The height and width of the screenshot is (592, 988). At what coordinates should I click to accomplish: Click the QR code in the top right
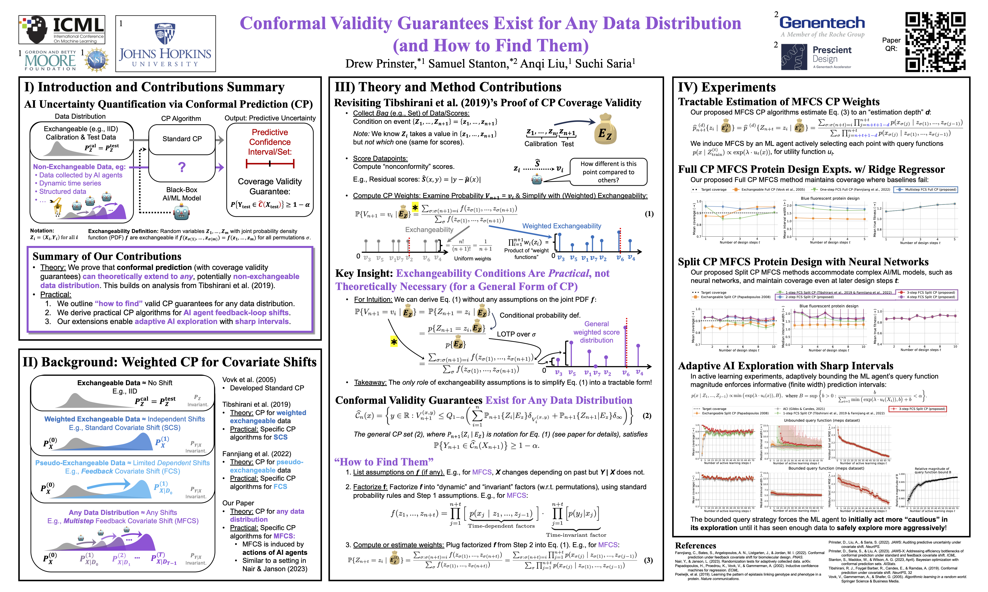[x=935, y=42]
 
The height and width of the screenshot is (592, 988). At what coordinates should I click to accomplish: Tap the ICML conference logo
[x=62, y=30]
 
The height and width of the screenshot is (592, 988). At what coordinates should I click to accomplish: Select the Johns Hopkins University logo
[x=165, y=44]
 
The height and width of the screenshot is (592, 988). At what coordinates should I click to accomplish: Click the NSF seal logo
[x=96, y=60]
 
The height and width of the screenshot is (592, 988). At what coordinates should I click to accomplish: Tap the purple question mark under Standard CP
[x=182, y=167]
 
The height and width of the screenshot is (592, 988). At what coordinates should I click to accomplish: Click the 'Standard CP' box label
[x=182, y=139]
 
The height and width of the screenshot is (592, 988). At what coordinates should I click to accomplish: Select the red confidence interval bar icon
[x=270, y=163]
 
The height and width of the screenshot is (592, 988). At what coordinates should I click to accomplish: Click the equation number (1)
[x=649, y=214]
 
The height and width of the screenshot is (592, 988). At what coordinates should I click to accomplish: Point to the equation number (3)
[x=649, y=560]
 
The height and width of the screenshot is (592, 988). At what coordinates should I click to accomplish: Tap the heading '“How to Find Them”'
[x=384, y=462]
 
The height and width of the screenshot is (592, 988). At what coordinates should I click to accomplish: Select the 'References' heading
[x=695, y=545]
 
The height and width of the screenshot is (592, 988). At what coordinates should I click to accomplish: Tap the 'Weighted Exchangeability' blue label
[x=561, y=226]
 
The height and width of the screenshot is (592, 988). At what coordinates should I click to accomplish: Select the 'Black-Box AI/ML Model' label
[x=182, y=194]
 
